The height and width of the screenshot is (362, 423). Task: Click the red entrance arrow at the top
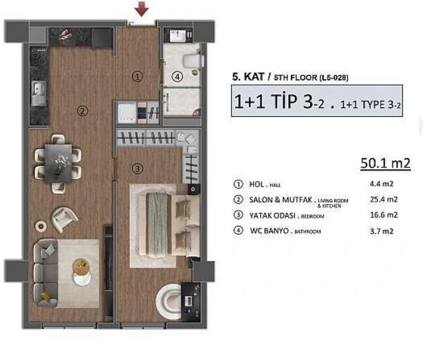click(x=142, y=9)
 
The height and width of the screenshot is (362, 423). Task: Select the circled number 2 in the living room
click(x=82, y=111)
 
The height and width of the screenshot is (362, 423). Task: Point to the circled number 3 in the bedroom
click(x=137, y=169)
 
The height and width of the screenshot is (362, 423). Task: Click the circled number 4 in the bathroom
click(x=178, y=76)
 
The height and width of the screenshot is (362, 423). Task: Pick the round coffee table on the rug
click(x=82, y=266)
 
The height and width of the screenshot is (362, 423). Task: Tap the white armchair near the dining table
click(x=65, y=218)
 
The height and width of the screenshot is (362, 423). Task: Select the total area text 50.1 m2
click(x=386, y=165)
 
